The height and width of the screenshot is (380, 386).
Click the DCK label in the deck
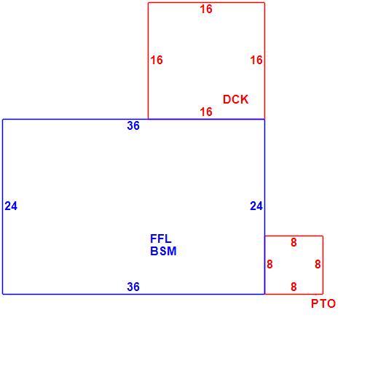[235, 99]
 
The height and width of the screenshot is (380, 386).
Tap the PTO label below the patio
[323, 303]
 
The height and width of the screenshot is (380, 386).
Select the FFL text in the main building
[161, 239]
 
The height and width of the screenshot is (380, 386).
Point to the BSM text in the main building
[163, 252]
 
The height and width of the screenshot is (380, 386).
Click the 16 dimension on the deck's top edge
[206, 9]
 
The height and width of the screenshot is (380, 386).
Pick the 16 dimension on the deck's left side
[157, 60]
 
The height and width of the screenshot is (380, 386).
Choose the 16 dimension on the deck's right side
[256, 60]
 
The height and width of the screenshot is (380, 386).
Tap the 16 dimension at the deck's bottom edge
[206, 112]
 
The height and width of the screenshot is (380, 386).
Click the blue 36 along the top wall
[133, 125]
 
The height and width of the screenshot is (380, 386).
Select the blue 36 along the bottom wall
[133, 287]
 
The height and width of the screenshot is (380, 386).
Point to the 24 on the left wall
[11, 206]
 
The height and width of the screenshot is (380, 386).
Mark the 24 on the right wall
[256, 206]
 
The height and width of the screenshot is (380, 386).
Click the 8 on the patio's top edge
[294, 242]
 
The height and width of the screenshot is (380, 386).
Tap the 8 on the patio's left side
[269, 264]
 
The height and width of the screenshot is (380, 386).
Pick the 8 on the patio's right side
[318, 264]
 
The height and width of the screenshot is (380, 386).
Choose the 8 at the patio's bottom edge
[294, 287]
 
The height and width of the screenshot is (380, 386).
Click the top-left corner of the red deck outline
[148, 3]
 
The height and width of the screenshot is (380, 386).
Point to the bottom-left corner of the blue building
[3, 294]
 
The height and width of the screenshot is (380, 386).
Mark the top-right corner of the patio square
[323, 236]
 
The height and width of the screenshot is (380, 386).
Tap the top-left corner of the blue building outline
[3, 120]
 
